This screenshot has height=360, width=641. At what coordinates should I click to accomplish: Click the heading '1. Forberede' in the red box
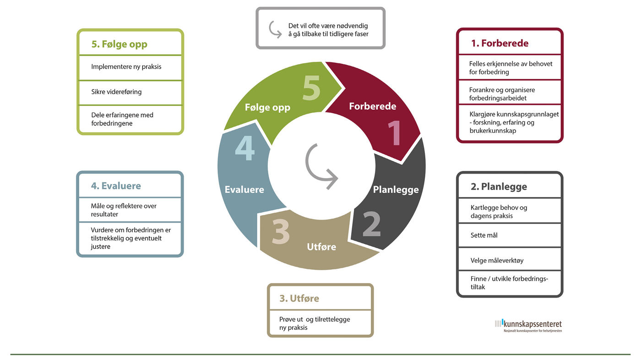click(500, 43)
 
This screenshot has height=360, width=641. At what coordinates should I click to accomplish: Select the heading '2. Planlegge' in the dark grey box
click(499, 186)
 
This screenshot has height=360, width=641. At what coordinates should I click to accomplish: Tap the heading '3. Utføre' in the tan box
click(299, 299)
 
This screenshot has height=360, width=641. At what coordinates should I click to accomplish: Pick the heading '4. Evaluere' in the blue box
click(116, 186)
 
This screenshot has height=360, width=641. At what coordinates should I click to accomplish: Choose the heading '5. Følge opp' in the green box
click(120, 44)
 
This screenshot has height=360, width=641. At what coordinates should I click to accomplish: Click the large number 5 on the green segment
click(311, 88)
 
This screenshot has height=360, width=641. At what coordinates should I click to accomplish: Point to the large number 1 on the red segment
click(395, 133)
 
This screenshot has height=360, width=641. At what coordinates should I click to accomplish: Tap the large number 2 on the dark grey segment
click(371, 224)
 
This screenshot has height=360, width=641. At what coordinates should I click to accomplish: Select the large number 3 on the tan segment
click(281, 231)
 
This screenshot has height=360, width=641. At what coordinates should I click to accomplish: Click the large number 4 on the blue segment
click(244, 148)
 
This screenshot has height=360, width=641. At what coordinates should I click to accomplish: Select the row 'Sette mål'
click(484, 235)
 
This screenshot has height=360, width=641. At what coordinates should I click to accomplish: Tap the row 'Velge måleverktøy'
click(497, 261)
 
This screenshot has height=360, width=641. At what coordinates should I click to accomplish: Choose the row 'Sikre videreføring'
click(116, 92)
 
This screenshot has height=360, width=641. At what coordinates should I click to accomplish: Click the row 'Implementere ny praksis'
click(126, 67)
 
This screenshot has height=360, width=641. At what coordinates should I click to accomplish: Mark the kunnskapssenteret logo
click(528, 326)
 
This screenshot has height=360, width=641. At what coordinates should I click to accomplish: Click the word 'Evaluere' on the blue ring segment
click(244, 190)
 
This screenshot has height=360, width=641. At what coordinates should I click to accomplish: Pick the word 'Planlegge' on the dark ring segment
click(396, 190)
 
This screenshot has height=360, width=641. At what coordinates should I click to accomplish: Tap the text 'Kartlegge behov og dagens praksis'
click(499, 212)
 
